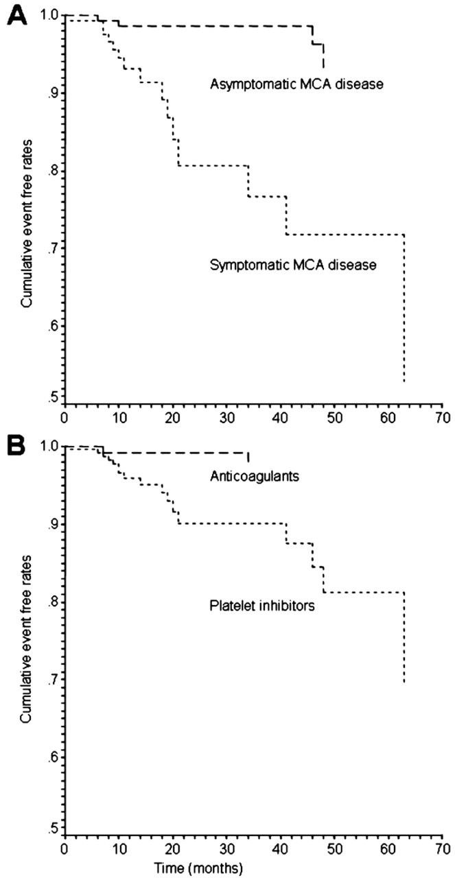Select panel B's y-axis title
tap(26, 635)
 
